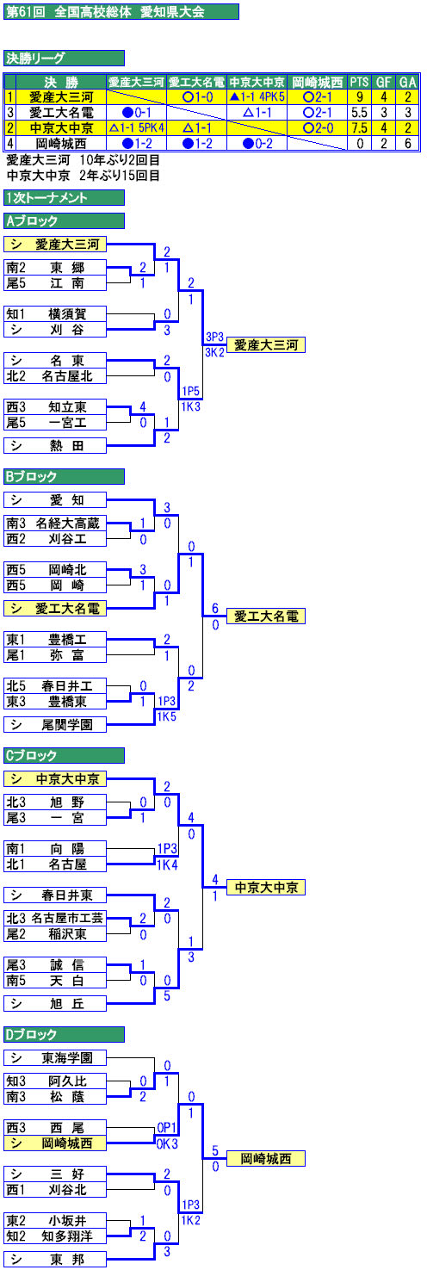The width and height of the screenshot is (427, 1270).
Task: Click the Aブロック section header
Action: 64,220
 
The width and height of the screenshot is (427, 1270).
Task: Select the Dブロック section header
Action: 64,1035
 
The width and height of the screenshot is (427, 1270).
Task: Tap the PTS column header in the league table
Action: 359,82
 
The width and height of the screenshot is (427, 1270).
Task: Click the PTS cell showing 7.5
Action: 359,128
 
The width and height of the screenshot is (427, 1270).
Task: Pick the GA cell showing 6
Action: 407,144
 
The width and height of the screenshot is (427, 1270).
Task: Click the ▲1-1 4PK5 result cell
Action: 257,97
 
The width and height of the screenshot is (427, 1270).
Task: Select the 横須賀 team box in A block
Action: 55,314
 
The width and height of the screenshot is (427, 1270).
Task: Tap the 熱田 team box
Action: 55,446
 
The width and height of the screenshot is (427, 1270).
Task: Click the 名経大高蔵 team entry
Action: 55,523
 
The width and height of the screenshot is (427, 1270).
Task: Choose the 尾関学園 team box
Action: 55,725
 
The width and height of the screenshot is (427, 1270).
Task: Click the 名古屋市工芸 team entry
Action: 55,919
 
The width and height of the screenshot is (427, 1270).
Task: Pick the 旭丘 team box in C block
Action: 55,1004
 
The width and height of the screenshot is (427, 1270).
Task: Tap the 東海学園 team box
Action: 55,1058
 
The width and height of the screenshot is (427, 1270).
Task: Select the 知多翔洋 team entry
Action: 55,1236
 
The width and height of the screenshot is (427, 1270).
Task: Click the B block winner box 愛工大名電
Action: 266,616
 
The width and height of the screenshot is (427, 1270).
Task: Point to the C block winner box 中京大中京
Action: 266,888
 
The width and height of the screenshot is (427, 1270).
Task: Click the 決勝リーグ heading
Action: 64,58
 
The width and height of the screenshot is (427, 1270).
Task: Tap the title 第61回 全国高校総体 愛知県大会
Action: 121,12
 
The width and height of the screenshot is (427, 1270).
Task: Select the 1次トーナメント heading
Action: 64,197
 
